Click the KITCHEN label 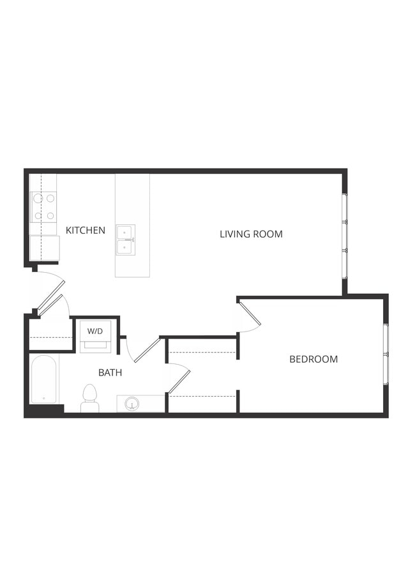tap(86, 230)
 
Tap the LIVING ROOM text tap(251, 234)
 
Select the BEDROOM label tap(313, 359)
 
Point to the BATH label tap(110, 372)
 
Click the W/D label tap(95, 331)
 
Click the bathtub tap(44, 379)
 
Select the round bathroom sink tap(132, 404)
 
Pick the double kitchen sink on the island tap(125, 240)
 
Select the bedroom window tap(386, 354)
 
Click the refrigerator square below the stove tap(44, 248)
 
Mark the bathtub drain tap(43, 399)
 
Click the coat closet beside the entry tap(50, 335)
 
